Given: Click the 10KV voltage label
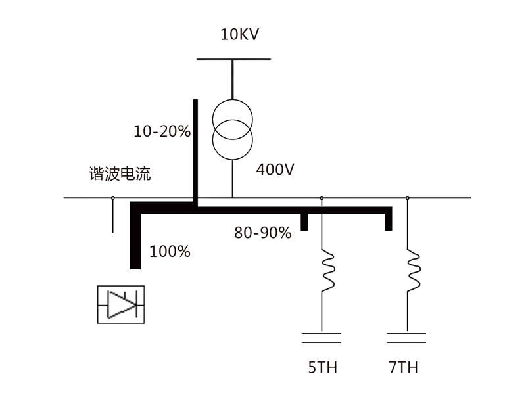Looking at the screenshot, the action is point(239,35).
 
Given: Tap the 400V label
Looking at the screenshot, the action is point(275,170).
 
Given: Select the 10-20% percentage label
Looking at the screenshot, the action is point(162,131).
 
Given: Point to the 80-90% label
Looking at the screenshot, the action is point(262,233).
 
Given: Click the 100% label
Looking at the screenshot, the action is point(170,252).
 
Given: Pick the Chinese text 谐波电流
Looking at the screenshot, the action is point(120,173).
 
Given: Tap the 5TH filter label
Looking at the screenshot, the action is point(323,367).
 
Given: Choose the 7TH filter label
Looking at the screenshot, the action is point(404,367).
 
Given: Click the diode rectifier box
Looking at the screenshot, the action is point(121,304).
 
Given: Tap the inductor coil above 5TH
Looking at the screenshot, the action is point(327,270).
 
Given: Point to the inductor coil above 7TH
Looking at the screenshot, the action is point(414,270).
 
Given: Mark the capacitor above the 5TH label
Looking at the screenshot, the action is point(322,338).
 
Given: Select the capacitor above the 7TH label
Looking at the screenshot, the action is point(406,338).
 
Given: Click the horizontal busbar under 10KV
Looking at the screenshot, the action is point(233,59).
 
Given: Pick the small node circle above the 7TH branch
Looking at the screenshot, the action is point(407,198).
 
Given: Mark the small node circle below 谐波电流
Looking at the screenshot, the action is point(112,198).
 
